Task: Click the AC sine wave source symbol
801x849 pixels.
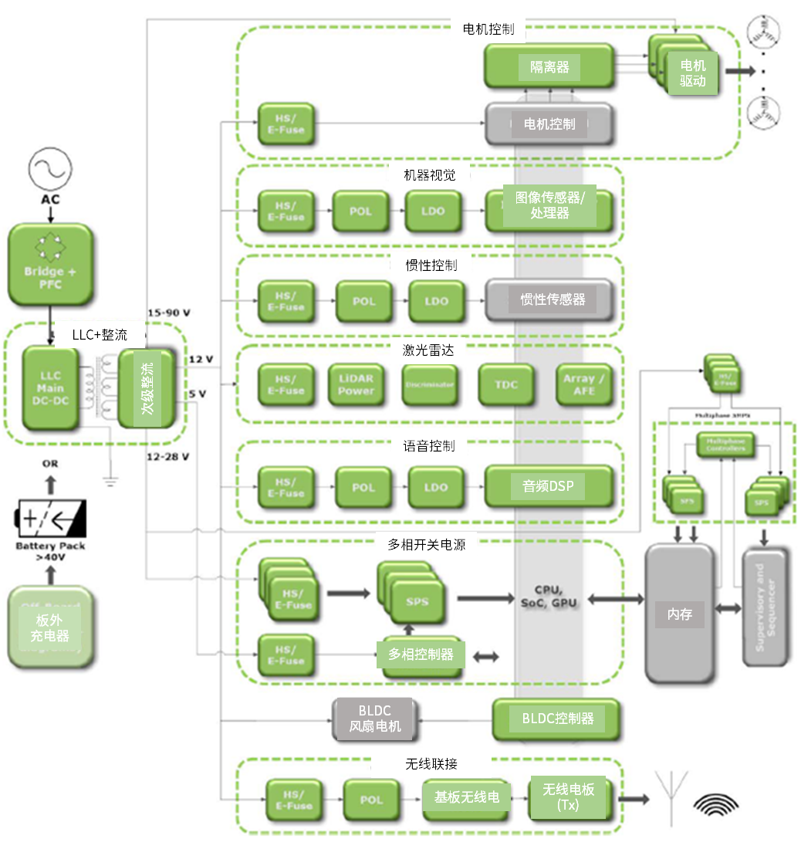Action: (50, 169)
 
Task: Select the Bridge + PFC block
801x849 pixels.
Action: (51, 264)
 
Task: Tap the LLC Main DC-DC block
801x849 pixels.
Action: (50, 388)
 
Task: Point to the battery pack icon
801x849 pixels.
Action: (51, 519)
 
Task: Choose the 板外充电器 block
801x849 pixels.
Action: (50, 627)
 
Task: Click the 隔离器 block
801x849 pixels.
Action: (549, 67)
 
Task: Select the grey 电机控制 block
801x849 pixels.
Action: (549, 123)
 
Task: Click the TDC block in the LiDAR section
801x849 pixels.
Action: (506, 384)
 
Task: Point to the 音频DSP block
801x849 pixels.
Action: (549, 487)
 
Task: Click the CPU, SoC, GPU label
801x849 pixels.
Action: (550, 596)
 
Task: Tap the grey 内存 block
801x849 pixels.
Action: (678, 614)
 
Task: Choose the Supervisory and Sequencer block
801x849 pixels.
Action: (766, 607)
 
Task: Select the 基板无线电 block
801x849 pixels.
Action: (466, 797)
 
